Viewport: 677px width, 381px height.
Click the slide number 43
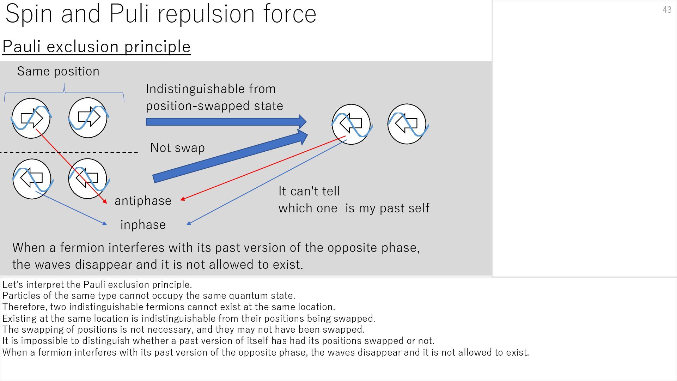pos(667,10)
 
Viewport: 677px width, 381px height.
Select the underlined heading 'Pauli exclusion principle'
pos(96,47)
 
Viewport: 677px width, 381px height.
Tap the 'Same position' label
pos(58,71)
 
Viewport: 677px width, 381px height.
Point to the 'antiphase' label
pos(143,201)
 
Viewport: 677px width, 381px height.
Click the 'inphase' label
pos(143,225)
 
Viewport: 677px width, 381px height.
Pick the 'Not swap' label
pos(177,147)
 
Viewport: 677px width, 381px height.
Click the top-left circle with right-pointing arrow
pos(31,118)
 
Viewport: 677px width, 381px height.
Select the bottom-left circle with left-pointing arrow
pos(32,179)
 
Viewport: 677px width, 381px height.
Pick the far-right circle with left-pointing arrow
pos(407,124)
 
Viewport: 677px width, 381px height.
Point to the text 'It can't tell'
pos(309,191)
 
